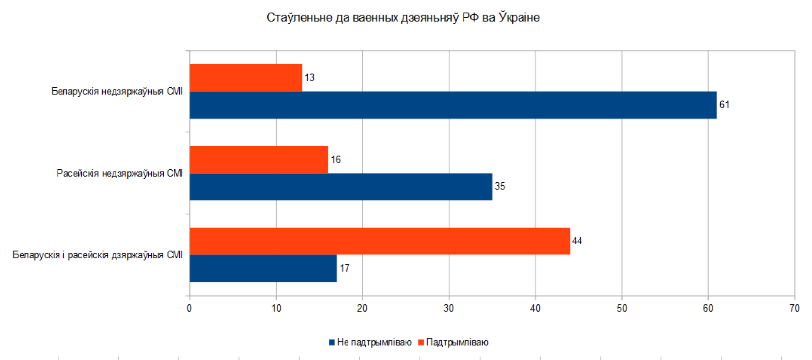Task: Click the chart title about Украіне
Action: [x=403, y=18]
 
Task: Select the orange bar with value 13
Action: [x=246, y=78]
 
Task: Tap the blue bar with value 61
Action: [x=453, y=105]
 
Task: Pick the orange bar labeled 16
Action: [x=259, y=160]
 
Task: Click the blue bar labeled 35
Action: [x=341, y=186]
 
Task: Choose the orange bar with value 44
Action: [x=380, y=241]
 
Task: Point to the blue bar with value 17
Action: [x=263, y=268]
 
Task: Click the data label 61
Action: [x=724, y=105]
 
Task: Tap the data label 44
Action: [x=577, y=241]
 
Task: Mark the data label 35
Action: [x=500, y=186]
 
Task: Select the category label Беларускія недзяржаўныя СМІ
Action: [x=117, y=92]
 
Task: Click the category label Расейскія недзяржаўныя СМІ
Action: [x=119, y=173]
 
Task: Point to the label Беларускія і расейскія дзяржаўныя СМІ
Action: [x=98, y=255]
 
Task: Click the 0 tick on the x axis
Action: [x=189, y=308]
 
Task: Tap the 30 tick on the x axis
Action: [x=449, y=308]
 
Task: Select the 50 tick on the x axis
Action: [x=622, y=308]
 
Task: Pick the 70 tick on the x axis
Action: [x=794, y=308]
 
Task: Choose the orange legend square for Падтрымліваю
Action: [x=421, y=342]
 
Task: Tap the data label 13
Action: [x=309, y=78]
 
